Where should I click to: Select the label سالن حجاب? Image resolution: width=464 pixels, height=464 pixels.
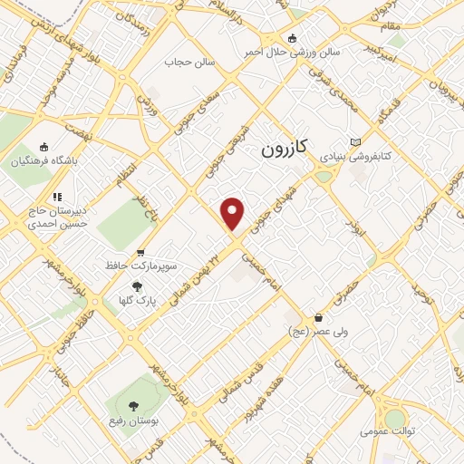[187, 63]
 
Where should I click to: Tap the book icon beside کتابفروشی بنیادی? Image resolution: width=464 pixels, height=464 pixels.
[354, 141]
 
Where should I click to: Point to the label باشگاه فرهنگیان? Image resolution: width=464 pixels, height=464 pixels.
[44, 162]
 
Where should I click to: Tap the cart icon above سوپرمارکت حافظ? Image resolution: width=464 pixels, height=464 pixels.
[140, 253]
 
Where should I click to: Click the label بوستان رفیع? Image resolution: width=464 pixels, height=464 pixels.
[137, 423]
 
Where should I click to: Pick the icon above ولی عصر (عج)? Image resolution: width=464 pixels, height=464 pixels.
[318, 318]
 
